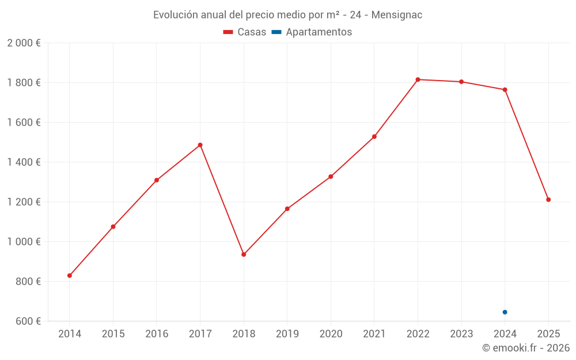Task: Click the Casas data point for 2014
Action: tap(70, 275)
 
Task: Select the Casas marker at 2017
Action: tap(200, 145)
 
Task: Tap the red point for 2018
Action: tap(244, 254)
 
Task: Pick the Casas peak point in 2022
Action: tap(418, 79)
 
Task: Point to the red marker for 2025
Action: tap(548, 200)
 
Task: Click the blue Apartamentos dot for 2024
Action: tap(505, 312)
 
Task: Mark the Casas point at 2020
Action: tap(331, 176)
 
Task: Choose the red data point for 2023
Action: tap(461, 82)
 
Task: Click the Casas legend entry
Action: tap(245, 32)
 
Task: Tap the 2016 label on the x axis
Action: tap(157, 334)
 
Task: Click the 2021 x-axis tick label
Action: tap(374, 334)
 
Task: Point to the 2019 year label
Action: tap(287, 334)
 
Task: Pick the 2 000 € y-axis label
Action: tap(24, 43)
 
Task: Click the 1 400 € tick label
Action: tap(24, 162)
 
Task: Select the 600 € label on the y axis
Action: tap(28, 321)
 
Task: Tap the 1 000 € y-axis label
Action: tap(24, 242)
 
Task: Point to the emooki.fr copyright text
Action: tap(526, 348)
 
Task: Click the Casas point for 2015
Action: tap(113, 226)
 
